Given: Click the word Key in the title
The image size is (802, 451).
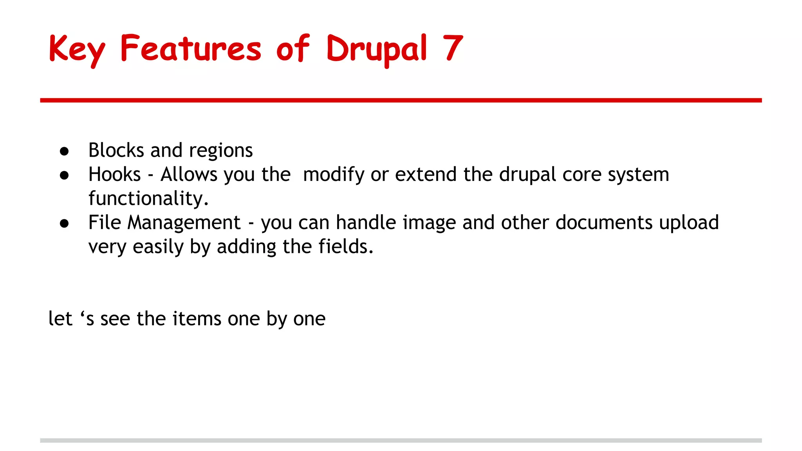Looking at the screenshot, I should click(x=77, y=49).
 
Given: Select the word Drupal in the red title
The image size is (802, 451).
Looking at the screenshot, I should click(x=376, y=49).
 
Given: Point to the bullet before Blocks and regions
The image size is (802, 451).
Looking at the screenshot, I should click(x=65, y=152).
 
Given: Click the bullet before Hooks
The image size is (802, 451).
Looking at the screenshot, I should click(x=65, y=175).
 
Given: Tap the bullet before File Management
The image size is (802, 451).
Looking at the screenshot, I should click(x=65, y=224).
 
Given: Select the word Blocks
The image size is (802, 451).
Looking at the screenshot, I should click(x=116, y=150).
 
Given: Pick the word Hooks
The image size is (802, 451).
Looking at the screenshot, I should click(x=114, y=175).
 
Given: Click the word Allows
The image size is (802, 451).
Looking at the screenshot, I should click(x=189, y=175).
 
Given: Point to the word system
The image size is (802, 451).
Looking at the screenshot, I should click(x=638, y=175).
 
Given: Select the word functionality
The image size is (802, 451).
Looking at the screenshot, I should click(x=148, y=198).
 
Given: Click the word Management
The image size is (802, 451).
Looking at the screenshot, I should click(x=184, y=223).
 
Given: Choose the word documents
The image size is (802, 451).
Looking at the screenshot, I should click(x=604, y=223).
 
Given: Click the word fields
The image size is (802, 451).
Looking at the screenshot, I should click(x=346, y=247).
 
